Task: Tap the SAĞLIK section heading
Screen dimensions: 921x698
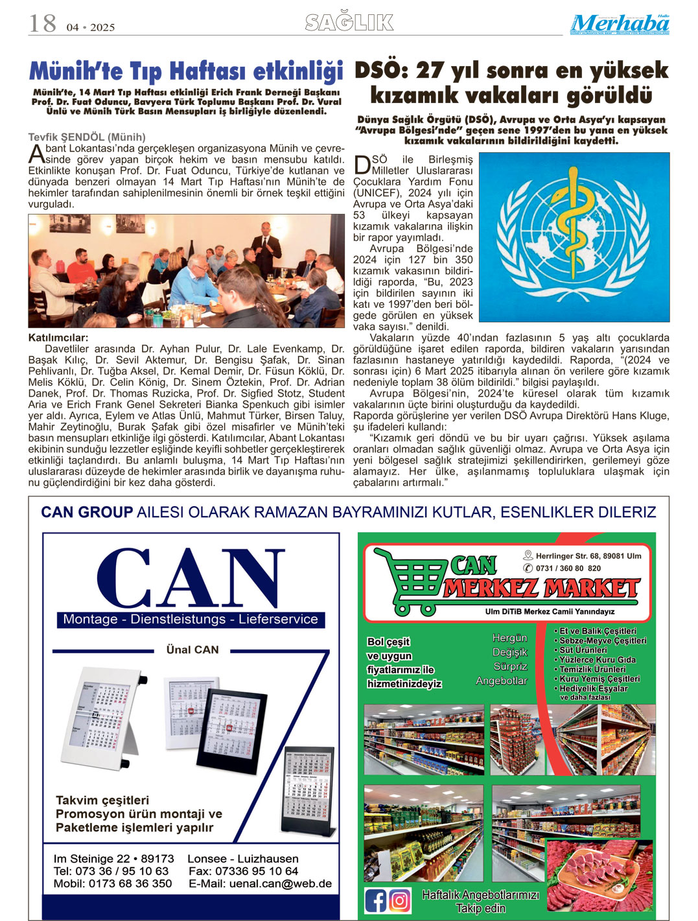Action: (x=349, y=23)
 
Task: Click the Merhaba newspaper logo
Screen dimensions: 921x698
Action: (x=620, y=24)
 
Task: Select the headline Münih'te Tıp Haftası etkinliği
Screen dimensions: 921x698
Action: (x=186, y=71)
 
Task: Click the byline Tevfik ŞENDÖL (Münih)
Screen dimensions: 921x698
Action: (x=87, y=137)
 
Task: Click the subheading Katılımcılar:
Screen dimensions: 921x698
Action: (x=58, y=338)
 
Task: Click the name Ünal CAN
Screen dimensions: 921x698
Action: (x=192, y=649)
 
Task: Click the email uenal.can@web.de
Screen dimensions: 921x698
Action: (x=280, y=883)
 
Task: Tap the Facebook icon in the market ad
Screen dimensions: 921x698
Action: (x=376, y=900)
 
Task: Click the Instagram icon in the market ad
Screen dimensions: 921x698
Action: (x=400, y=900)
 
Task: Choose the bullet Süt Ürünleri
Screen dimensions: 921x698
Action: (x=583, y=650)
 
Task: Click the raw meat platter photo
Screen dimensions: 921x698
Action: (x=598, y=875)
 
